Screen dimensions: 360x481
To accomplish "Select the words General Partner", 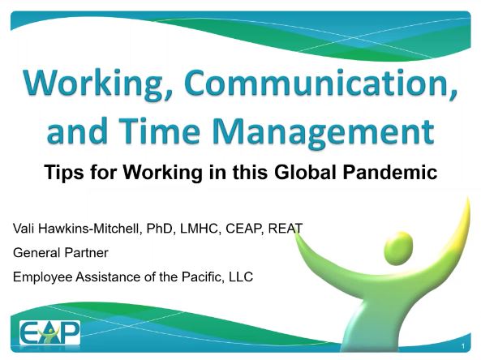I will pyautogui.click(x=61, y=252).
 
